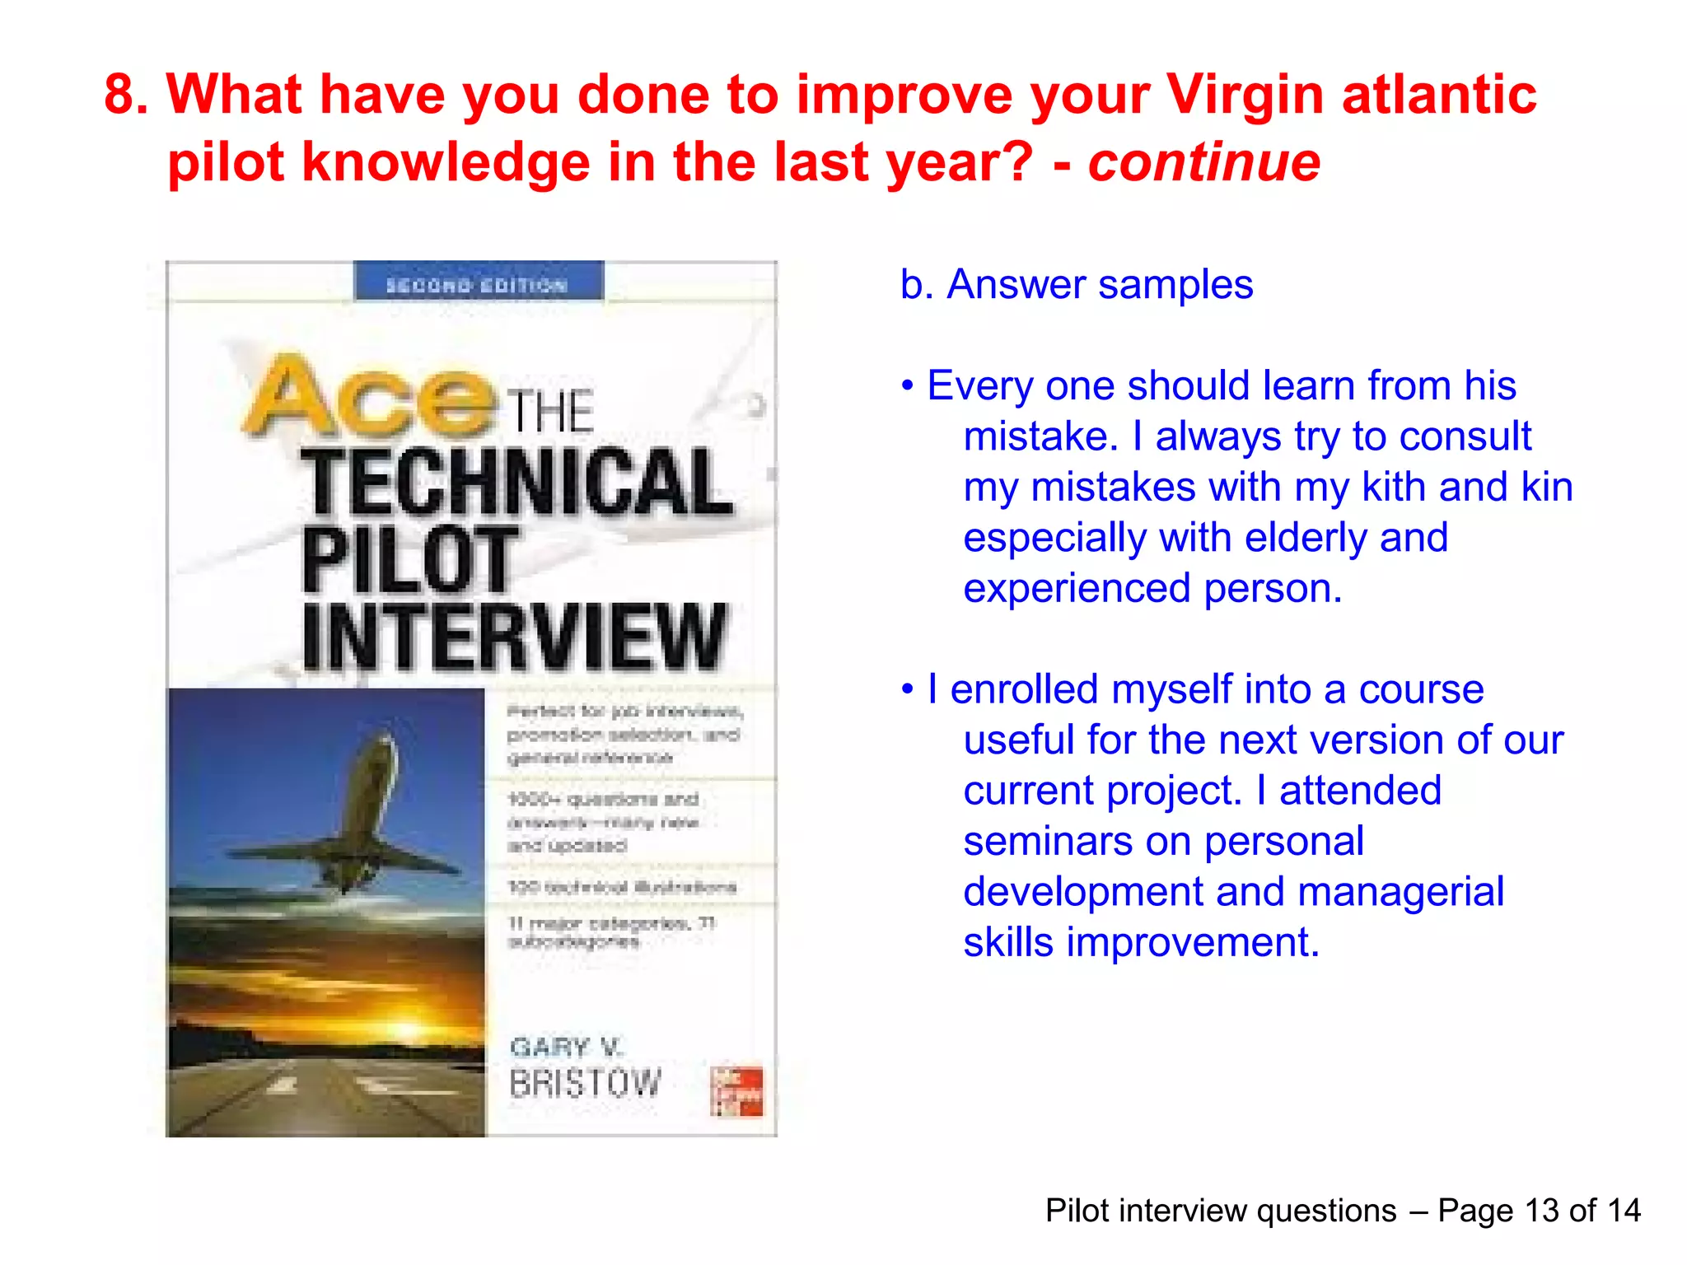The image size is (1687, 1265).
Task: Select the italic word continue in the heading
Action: [1204, 162]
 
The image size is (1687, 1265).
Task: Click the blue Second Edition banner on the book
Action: [478, 282]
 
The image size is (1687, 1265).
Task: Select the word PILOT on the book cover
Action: [409, 560]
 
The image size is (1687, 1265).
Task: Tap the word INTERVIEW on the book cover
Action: [515, 637]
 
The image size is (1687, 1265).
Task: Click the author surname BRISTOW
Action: [585, 1083]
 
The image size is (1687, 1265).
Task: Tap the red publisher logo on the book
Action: [736, 1091]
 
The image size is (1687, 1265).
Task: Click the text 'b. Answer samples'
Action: [1076, 285]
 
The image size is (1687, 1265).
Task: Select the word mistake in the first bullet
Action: [1040, 436]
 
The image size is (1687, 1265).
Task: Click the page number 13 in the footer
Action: [1541, 1211]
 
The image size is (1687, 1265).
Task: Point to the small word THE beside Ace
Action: [549, 411]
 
